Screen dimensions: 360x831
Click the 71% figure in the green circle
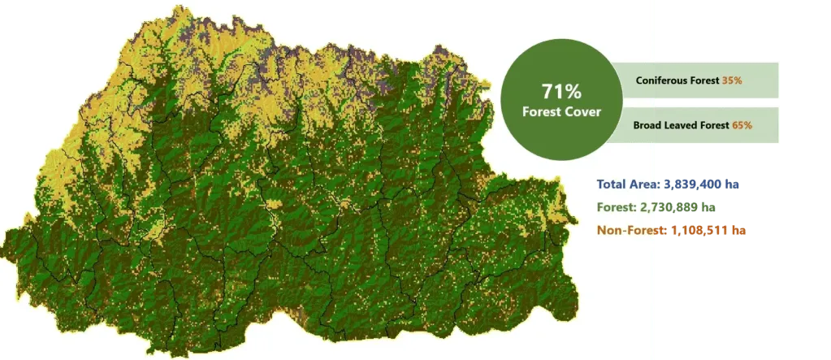(x=562, y=91)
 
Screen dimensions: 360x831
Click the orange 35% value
(x=732, y=80)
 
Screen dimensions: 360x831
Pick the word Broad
(x=648, y=125)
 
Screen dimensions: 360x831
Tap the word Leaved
(x=682, y=125)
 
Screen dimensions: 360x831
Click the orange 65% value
(x=742, y=125)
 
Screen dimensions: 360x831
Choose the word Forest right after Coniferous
(x=704, y=80)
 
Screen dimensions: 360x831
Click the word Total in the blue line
(x=613, y=184)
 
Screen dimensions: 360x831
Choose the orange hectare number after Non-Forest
(x=699, y=231)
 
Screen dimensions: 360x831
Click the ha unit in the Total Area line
(x=733, y=184)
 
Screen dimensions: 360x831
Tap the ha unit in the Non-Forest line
(x=738, y=231)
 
